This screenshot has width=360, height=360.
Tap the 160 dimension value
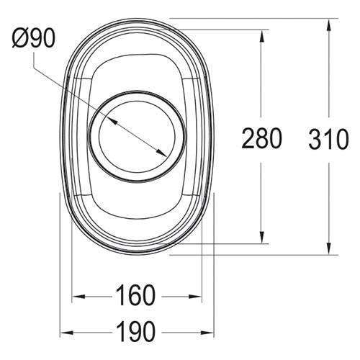point(135,296)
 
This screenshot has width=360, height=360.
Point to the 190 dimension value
point(135,332)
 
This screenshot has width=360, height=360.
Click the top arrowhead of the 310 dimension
point(329,22)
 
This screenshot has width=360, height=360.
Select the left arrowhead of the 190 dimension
point(63,332)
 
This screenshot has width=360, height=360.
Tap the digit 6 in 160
point(135,296)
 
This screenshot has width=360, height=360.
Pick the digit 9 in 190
point(135,332)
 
